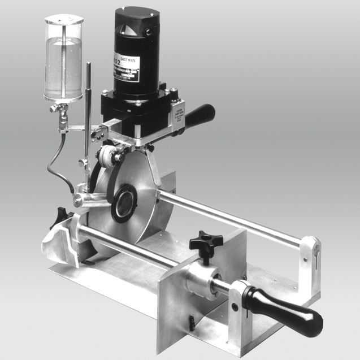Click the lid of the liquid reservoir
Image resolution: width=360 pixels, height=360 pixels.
tap(64, 21)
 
